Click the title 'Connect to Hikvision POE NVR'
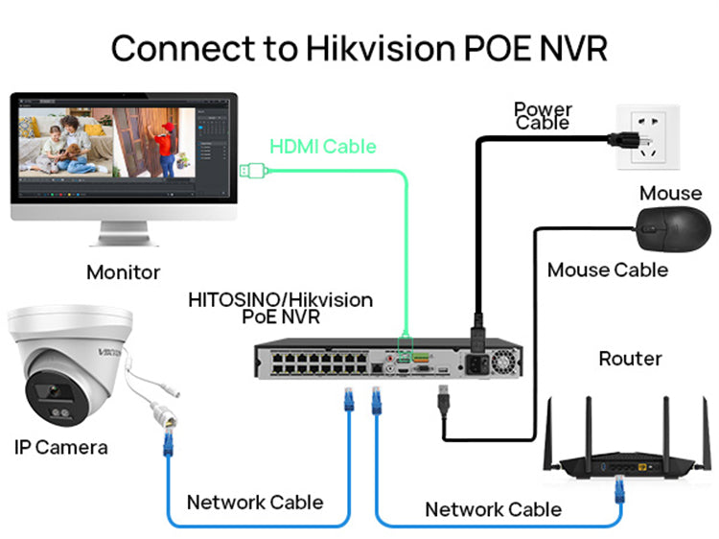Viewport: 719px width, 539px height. click(x=359, y=46)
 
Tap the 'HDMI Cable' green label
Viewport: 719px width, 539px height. click(x=322, y=147)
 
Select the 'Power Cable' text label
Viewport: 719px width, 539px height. click(x=543, y=116)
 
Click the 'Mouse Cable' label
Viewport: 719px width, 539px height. click(x=607, y=269)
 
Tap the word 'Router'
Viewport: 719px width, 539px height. click(x=630, y=359)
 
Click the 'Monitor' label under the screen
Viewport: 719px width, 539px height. click(x=123, y=272)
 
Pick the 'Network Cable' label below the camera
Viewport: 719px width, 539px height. click(x=255, y=502)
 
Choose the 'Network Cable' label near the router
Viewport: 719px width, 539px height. click(x=493, y=508)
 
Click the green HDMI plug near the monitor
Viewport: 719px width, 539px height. click(x=252, y=172)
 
